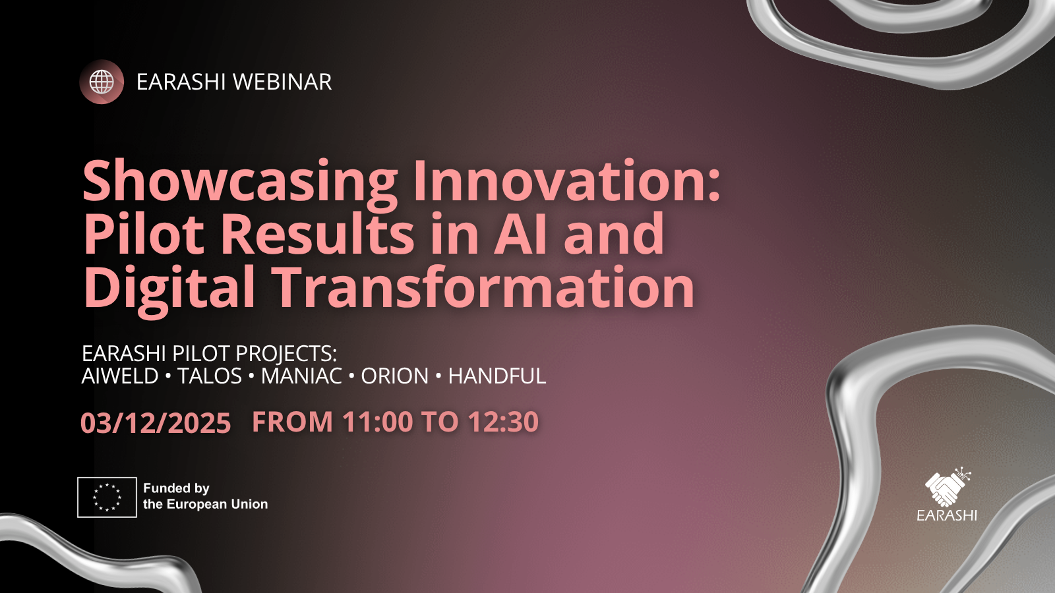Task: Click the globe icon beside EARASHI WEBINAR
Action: [102, 82]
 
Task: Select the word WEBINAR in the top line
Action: [283, 82]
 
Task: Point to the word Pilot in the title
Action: [144, 233]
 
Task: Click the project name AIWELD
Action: [120, 376]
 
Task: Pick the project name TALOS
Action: [210, 376]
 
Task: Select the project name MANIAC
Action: [301, 376]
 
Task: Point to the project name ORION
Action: [395, 376]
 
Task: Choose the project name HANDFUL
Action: [497, 376]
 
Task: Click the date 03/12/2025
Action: [156, 422]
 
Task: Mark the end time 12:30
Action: [504, 421]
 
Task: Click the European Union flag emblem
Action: [107, 497]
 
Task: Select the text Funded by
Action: [176, 488]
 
